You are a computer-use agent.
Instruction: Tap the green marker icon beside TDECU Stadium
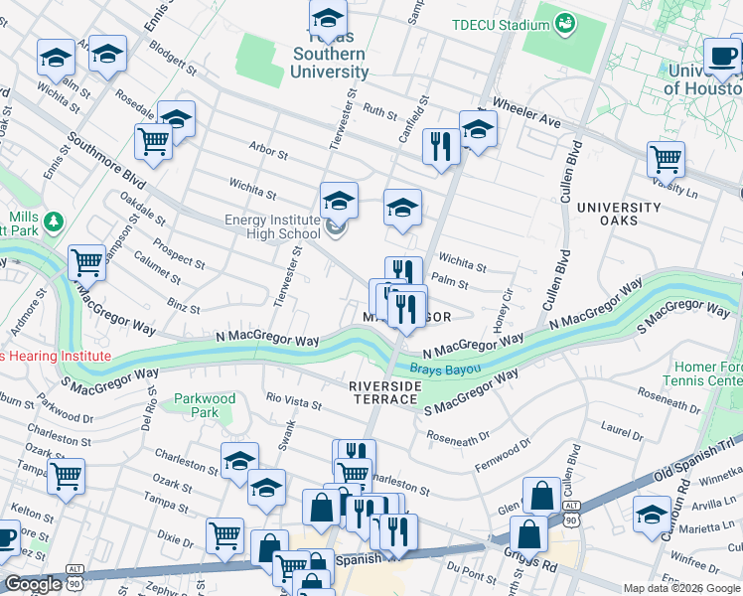pyautogui.click(x=565, y=22)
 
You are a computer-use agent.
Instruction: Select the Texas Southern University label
pyautogui.click(x=330, y=63)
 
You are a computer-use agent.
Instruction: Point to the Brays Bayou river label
pyautogui.click(x=446, y=369)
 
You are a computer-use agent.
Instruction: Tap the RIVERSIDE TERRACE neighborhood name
pyautogui.click(x=382, y=391)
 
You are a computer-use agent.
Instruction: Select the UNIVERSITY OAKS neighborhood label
pyautogui.click(x=620, y=214)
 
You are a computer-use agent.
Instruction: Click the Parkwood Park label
pyautogui.click(x=205, y=405)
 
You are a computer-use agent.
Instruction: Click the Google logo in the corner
pyautogui.click(x=33, y=584)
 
